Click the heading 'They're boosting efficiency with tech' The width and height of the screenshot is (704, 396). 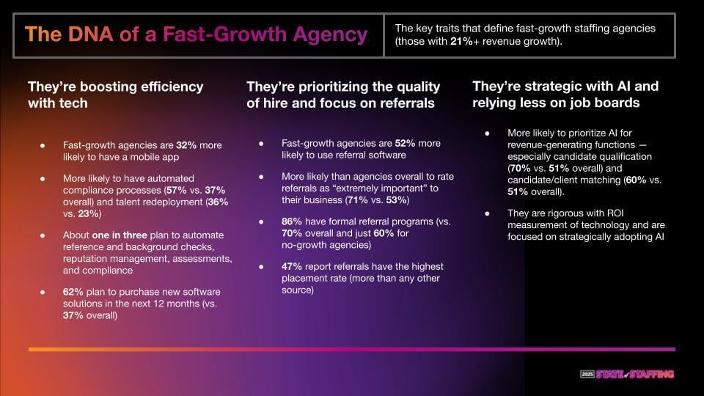tap(115, 95)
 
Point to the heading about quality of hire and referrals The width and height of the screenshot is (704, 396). tap(343, 95)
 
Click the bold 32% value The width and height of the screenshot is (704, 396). tap(186, 145)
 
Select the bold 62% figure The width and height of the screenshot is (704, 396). tap(73, 292)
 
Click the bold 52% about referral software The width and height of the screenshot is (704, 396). tap(405, 143)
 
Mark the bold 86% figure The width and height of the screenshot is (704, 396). tap(291, 221)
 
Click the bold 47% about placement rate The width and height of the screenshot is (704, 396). tap(291, 266)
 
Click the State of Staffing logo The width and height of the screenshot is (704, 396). tap(627, 374)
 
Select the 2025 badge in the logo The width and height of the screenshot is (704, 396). tap(587, 374)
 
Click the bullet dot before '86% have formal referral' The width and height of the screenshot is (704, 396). tap(261, 221)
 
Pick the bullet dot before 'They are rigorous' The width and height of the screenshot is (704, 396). tap(487, 213)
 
